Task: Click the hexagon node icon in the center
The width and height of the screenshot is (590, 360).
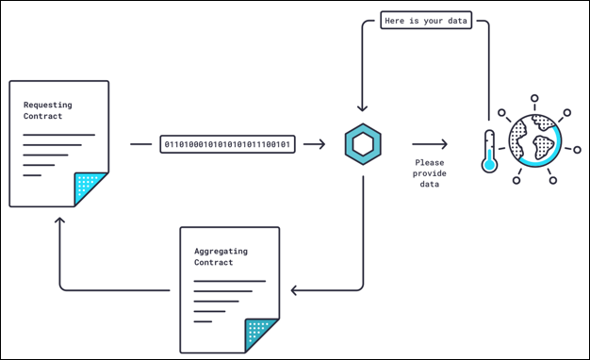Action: (363, 144)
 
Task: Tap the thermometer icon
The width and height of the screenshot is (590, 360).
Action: (488, 151)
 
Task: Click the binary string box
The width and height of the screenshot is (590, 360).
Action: (227, 144)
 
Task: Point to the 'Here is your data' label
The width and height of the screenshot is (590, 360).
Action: (426, 21)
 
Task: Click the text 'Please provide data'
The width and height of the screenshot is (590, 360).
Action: (430, 172)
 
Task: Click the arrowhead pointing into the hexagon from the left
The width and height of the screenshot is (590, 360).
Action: (320, 144)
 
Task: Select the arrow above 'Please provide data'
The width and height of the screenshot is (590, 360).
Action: (429, 144)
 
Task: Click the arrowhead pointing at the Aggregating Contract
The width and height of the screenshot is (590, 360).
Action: (295, 290)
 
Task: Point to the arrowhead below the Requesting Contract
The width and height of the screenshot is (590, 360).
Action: (60, 221)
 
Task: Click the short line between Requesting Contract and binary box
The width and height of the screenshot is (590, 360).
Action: (140, 144)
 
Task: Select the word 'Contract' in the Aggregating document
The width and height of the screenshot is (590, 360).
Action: (213, 263)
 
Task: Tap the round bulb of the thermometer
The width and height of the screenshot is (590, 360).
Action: (488, 163)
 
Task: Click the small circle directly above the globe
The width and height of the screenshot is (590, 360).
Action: (534, 97)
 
